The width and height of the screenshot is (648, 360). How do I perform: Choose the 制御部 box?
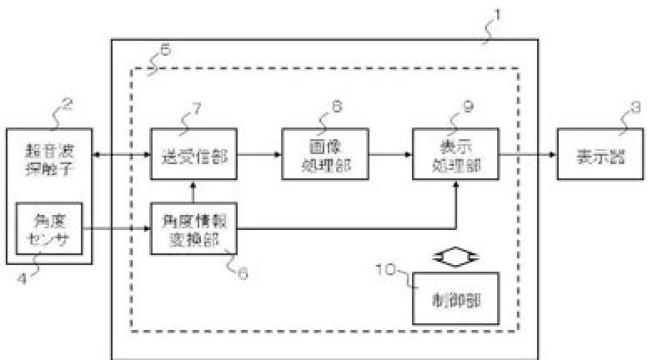455,298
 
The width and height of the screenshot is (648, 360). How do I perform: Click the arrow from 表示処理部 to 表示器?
527,153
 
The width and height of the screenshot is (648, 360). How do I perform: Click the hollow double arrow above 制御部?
455,257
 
